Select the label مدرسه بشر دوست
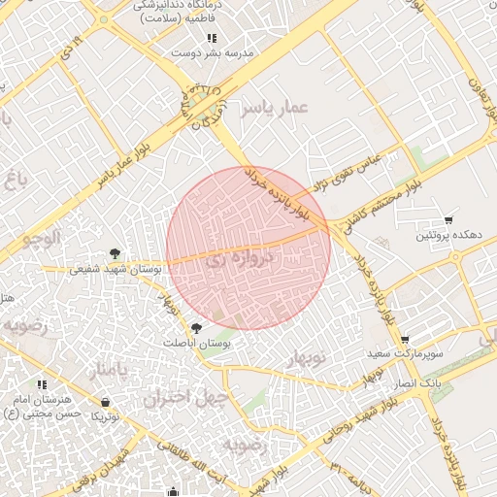(x=212, y=53)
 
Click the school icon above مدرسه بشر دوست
(x=212, y=39)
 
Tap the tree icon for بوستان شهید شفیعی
(x=116, y=254)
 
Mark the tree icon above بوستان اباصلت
(x=197, y=329)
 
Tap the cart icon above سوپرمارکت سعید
(x=405, y=339)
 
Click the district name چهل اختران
(x=185, y=398)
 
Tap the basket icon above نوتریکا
(x=105, y=402)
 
